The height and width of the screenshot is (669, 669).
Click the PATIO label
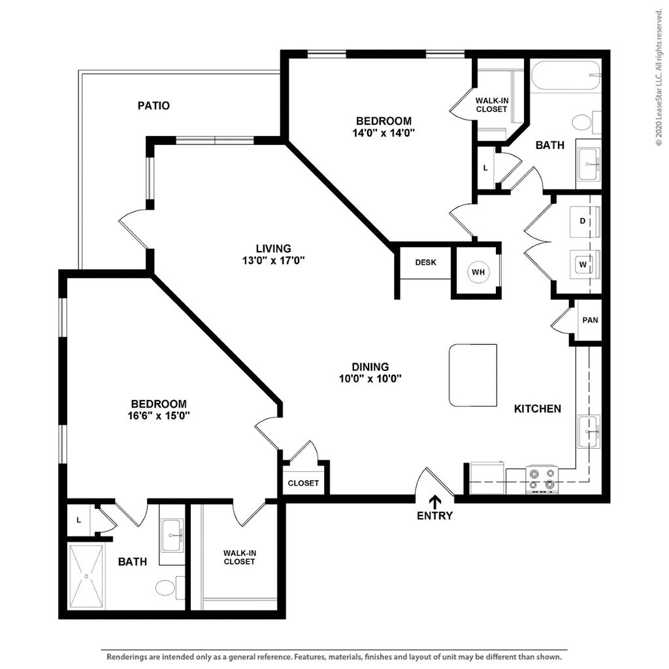154,105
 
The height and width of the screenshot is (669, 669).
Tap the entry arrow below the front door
434,500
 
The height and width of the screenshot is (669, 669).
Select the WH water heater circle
478,271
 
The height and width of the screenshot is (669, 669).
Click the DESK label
425,263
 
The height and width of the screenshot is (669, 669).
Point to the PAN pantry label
590,320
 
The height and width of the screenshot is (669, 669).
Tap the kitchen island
472,375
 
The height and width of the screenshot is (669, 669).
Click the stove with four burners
542,479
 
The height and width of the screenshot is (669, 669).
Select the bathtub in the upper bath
565,76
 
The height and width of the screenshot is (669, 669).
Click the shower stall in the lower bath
86,576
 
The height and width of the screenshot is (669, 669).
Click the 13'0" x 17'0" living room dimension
273,260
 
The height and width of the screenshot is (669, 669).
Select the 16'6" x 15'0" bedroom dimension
158,415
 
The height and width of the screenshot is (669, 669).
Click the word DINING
370,367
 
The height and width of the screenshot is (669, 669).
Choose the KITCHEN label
537,409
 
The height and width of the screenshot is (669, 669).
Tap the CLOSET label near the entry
304,483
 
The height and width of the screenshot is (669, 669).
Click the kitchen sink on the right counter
589,431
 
